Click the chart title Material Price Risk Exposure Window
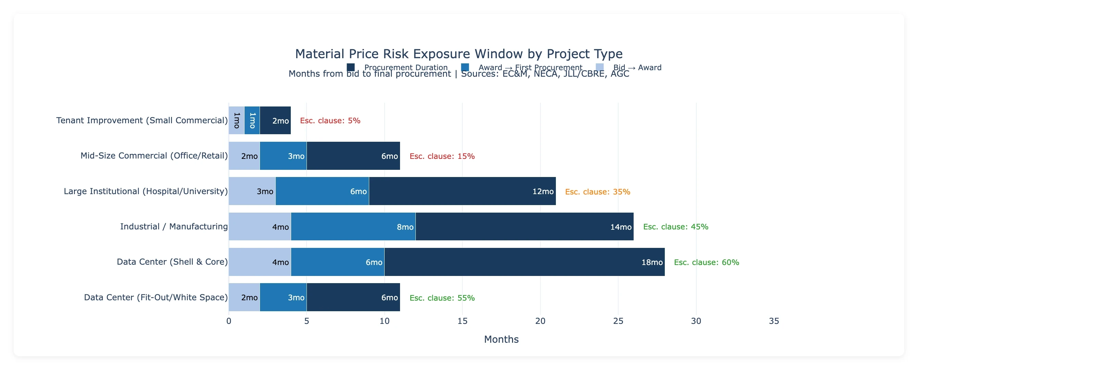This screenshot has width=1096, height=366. pyautogui.click(x=459, y=54)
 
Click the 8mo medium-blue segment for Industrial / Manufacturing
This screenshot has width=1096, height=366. pyautogui.click(x=353, y=227)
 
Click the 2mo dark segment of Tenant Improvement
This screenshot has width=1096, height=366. pyautogui.click(x=275, y=120)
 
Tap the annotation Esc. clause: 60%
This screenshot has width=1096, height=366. pyautogui.click(x=706, y=262)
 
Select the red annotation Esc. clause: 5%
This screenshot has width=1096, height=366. pyautogui.click(x=330, y=121)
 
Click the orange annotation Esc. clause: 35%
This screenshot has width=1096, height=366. pyautogui.click(x=597, y=192)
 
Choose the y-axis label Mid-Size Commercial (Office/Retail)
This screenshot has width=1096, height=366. pyautogui.click(x=154, y=155)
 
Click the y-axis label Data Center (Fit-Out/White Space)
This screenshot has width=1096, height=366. pyautogui.click(x=156, y=297)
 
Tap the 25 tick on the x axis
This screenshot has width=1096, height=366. pyautogui.click(x=618, y=321)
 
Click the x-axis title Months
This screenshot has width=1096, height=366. pyautogui.click(x=501, y=339)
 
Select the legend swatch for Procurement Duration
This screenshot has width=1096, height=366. pyautogui.click(x=351, y=67)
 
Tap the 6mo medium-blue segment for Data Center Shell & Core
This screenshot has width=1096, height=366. pyautogui.click(x=337, y=262)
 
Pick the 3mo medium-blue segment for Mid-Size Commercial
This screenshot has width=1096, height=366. pyautogui.click(x=283, y=155)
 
